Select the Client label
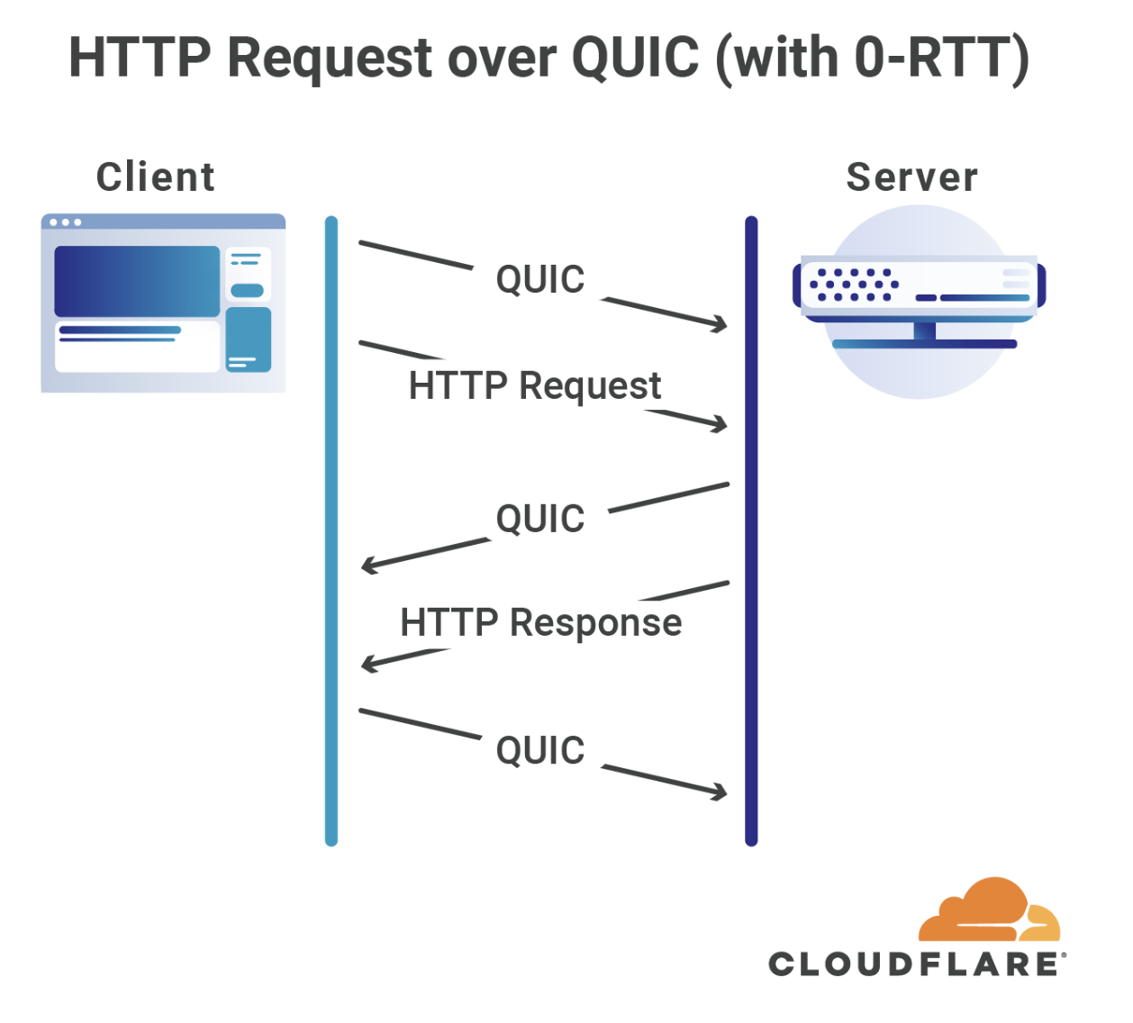[x=156, y=177]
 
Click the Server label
[x=911, y=177]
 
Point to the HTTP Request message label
[x=535, y=386]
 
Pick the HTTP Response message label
[x=541, y=622]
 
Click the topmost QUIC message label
[x=540, y=280]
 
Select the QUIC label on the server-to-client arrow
[x=540, y=520]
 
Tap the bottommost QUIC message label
[x=540, y=751]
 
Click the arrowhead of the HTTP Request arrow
[x=720, y=423]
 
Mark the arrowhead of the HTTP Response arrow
[x=368, y=665]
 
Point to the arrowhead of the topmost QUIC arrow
[x=720, y=324]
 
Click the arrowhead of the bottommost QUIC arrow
[x=720, y=792]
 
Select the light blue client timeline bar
[x=331, y=531]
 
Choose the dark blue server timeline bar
[x=751, y=531]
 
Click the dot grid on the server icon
[x=853, y=285]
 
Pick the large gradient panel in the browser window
[x=137, y=281]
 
